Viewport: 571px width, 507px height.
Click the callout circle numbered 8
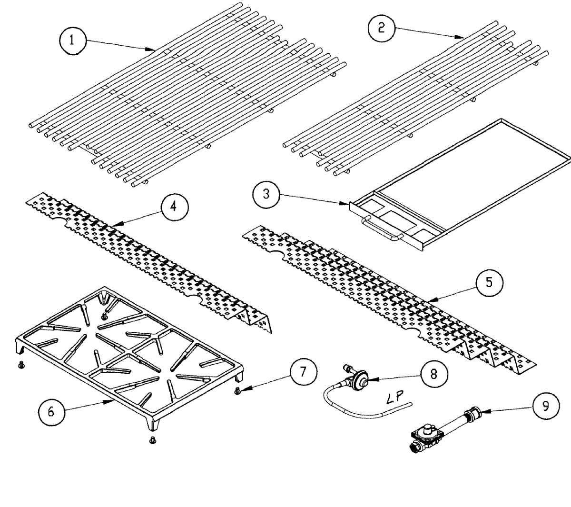tap(433, 374)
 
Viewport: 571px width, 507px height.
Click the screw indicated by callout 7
tap(238, 391)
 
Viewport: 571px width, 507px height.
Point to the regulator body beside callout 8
tap(359, 379)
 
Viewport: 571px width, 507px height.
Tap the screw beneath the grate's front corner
tap(153, 439)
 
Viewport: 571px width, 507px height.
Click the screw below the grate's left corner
tap(20, 366)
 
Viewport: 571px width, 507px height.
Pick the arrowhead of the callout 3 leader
tap(348, 204)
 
